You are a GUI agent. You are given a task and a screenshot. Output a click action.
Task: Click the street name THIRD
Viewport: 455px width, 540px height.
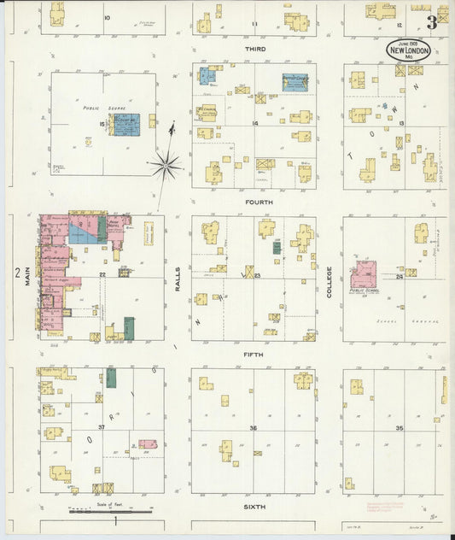(x=255, y=50)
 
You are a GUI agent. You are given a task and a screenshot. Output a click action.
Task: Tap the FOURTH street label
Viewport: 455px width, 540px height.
(x=259, y=202)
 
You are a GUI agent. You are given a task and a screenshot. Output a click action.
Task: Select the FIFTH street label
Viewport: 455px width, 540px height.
(x=254, y=354)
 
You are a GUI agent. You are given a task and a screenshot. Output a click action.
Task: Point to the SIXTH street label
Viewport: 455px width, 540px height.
(x=255, y=507)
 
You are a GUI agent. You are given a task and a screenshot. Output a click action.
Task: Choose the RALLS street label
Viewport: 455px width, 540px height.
(x=178, y=278)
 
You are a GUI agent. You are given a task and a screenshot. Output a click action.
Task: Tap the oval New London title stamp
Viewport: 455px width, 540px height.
(x=409, y=50)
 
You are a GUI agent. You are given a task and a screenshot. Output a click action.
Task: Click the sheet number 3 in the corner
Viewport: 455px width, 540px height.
(x=433, y=23)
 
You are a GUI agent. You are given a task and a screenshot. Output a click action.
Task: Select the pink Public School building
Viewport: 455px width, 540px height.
(x=363, y=274)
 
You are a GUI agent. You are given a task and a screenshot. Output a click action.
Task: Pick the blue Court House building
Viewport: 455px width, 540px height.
(x=126, y=125)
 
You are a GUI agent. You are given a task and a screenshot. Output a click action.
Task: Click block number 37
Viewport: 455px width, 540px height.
(x=101, y=427)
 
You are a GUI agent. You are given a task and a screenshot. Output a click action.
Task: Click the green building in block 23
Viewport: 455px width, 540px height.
(x=277, y=248)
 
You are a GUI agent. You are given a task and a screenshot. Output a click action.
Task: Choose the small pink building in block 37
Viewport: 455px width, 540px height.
(x=148, y=444)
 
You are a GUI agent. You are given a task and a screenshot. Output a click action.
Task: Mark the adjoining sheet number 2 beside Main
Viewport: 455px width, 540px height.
(x=17, y=273)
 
